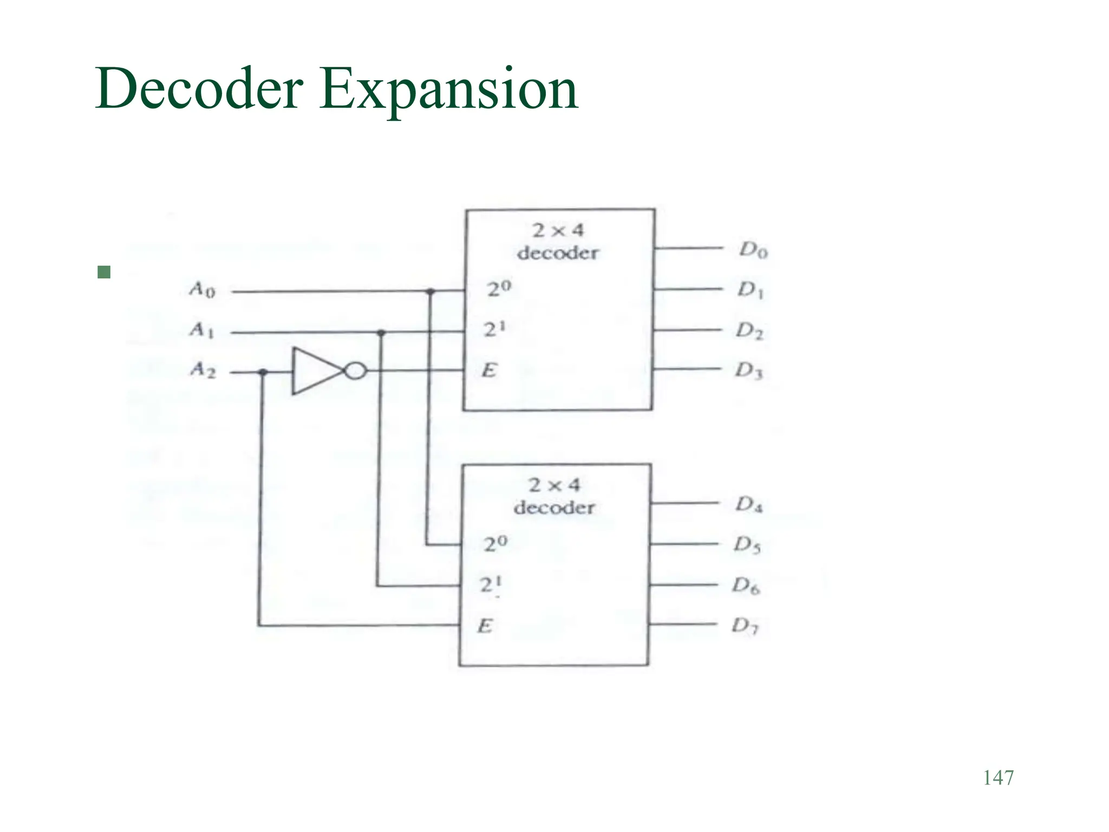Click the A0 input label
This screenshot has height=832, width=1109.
pos(202,290)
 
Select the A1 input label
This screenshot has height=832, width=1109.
pos(202,330)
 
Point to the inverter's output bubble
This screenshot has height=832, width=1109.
pos(355,371)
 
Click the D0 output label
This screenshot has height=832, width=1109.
pos(753,250)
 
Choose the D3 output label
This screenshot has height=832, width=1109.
pos(749,371)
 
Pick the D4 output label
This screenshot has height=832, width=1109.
pos(749,505)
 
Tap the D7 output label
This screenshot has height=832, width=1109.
pos(746,627)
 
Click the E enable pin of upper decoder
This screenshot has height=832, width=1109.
pos(489,370)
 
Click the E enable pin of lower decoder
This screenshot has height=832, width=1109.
pos(485,626)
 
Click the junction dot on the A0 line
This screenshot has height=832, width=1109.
pos(430,292)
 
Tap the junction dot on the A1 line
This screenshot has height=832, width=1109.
pos(381,333)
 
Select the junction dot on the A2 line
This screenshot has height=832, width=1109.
pos(263,372)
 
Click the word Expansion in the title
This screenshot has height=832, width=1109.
pos(448,89)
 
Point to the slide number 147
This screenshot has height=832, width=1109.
pos(998,778)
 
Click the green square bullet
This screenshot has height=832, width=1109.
pos(104,272)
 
